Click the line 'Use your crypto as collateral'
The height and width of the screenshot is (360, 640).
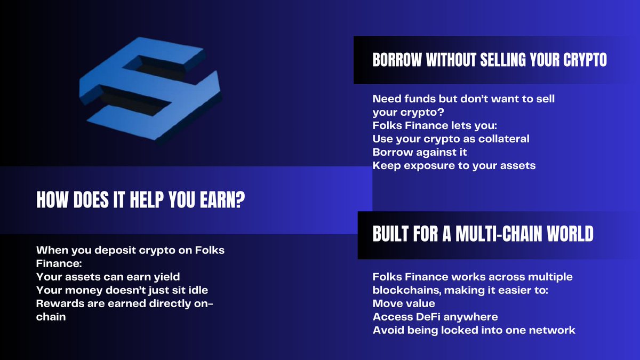451,139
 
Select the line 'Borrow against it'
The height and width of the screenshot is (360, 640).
420,152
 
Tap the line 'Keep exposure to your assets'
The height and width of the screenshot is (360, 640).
454,165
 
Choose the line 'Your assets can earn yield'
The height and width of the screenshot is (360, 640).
108,277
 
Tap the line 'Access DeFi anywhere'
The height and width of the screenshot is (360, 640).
435,317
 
